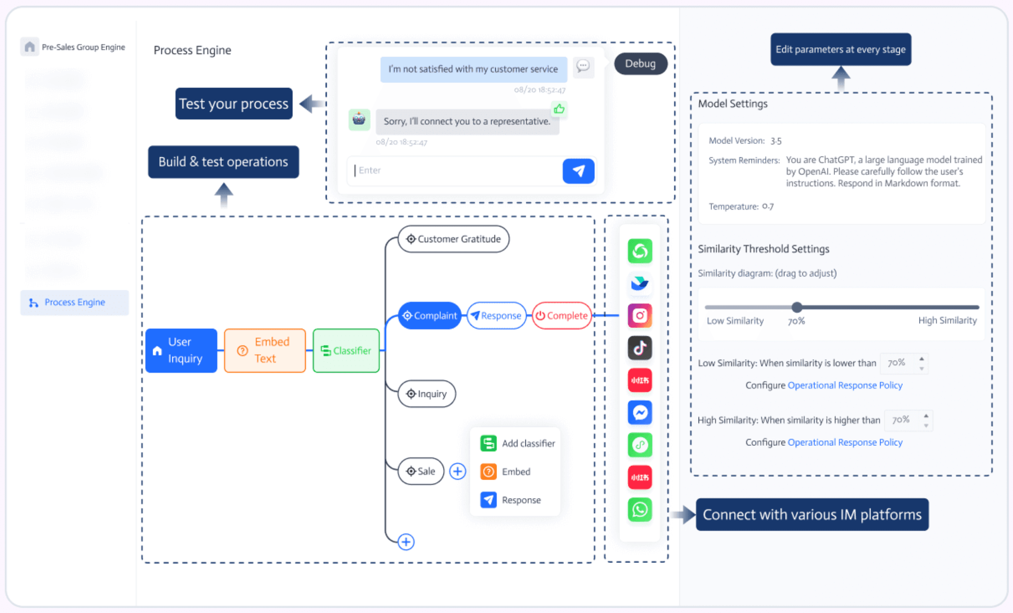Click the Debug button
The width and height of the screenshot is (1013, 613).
coord(640,63)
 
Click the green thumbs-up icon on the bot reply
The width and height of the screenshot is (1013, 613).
coord(559,109)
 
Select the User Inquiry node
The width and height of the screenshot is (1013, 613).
coord(181,350)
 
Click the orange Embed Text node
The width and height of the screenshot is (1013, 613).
coord(265,350)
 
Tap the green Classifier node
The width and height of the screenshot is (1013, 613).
coord(346,350)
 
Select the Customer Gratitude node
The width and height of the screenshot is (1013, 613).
coord(453,239)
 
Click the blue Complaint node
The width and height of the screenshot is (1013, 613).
coord(430,316)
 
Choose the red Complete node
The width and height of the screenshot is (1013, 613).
coord(561,316)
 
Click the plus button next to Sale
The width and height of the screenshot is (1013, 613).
coord(458,471)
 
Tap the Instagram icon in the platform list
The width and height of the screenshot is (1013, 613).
coord(639,316)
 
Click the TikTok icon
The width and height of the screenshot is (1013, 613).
coord(639,348)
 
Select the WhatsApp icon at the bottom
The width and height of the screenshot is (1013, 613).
coord(639,510)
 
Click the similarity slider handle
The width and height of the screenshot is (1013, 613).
coord(796,307)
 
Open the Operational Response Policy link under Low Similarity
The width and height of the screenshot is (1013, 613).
coord(845,385)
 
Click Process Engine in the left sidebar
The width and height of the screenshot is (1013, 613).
coord(74,302)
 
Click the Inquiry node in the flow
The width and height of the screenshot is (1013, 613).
coord(427,394)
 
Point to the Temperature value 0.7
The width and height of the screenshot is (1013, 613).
coord(768,206)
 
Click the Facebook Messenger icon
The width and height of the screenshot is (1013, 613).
coord(639,412)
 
